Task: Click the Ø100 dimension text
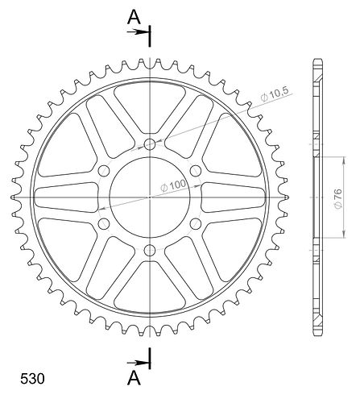pyautogui.click(x=173, y=185)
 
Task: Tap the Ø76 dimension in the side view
pyautogui.click(x=337, y=198)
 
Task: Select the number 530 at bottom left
pyautogui.click(x=32, y=379)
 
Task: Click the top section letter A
pyautogui.click(x=134, y=17)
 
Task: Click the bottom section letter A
pyautogui.click(x=134, y=378)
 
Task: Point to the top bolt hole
pyautogui.click(x=150, y=144)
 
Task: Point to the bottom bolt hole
pyautogui.click(x=150, y=251)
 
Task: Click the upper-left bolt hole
pyautogui.click(x=104, y=171)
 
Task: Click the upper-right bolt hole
pyautogui.click(x=196, y=171)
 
